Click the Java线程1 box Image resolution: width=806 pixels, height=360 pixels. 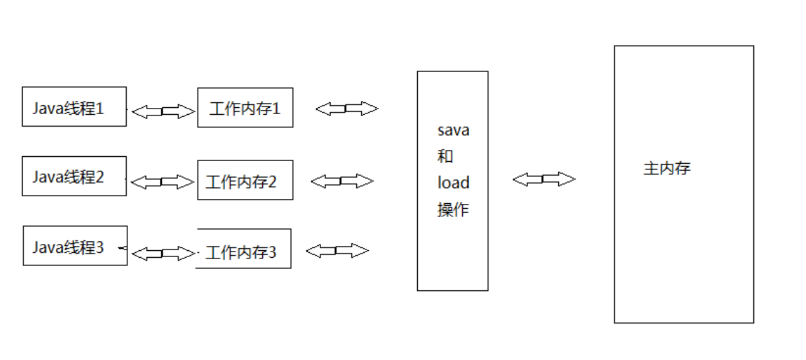[74, 107]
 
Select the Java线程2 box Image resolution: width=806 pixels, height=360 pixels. [74, 176]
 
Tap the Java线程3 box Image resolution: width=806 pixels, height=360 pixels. [75, 246]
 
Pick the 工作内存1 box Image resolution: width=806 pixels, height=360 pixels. [245, 108]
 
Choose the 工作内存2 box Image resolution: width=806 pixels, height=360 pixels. [245, 180]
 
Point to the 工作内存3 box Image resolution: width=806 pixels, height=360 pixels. [244, 249]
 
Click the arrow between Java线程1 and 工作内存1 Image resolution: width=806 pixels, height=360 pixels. [163, 112]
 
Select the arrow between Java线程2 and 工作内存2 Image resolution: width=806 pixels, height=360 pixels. [162, 183]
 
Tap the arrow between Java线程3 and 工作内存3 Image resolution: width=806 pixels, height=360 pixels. [164, 253]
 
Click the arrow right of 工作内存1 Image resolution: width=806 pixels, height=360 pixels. [347, 109]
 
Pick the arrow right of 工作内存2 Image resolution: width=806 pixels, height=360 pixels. [342, 181]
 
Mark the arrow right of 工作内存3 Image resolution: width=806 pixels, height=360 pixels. [337, 251]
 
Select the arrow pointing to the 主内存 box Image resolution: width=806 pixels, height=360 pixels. [544, 179]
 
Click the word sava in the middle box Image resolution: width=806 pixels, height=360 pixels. [453, 130]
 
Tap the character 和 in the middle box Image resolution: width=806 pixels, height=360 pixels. [445, 156]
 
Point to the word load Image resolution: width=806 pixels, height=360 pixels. [453, 183]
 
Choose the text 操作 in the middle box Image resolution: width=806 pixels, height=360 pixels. [453, 209]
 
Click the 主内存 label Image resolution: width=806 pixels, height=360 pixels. [667, 168]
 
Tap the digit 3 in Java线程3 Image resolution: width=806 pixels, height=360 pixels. [100, 247]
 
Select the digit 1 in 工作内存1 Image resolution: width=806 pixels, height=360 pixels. [276, 109]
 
